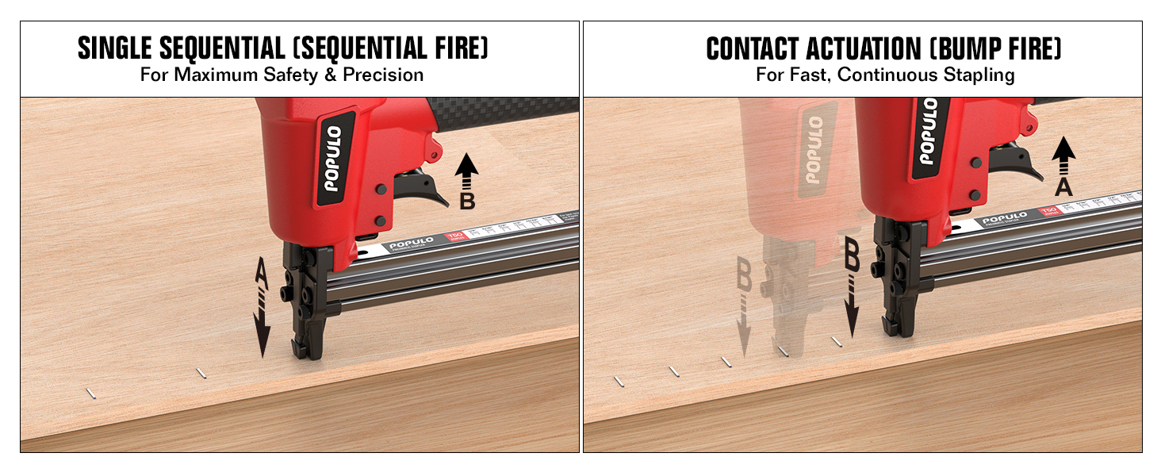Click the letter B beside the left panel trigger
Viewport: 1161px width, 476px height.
point(467,202)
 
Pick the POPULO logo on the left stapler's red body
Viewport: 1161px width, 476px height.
point(332,159)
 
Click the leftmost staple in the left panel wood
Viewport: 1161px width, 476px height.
point(92,392)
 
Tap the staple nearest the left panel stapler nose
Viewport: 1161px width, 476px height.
point(201,372)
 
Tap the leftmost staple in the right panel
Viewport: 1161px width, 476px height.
point(619,382)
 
